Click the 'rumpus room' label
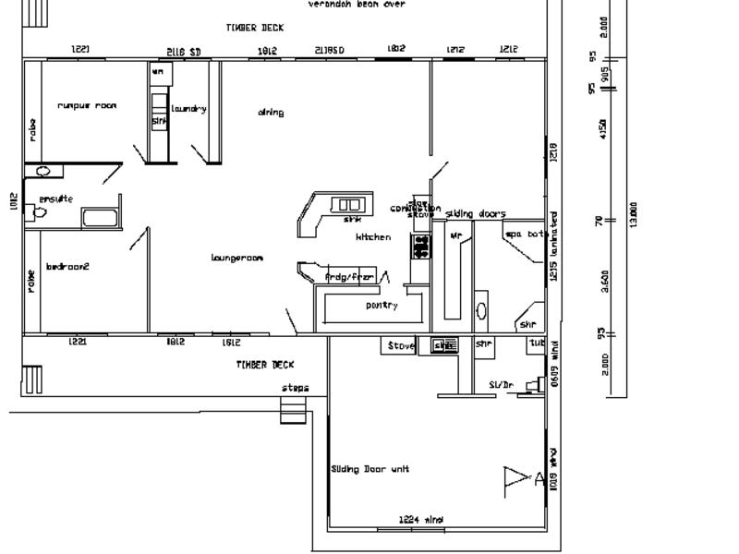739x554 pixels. pyautogui.click(x=87, y=105)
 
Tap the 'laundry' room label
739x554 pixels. pyautogui.click(x=188, y=109)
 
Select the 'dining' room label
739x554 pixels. pyautogui.click(x=271, y=113)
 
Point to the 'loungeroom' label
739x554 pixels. pyautogui.click(x=236, y=258)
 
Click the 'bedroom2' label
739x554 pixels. pyautogui.click(x=67, y=267)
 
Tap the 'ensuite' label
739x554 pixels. pyautogui.click(x=55, y=199)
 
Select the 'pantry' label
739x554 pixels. pyautogui.click(x=382, y=305)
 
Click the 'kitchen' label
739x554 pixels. pyautogui.click(x=373, y=237)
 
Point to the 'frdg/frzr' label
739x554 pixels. pyautogui.click(x=350, y=276)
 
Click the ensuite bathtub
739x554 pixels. pyautogui.click(x=101, y=219)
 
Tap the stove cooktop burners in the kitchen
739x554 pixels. pyautogui.click(x=421, y=246)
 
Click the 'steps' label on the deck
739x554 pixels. pyautogui.click(x=296, y=388)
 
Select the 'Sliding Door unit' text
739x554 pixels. pyautogui.click(x=369, y=469)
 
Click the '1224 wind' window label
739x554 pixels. pyautogui.click(x=421, y=520)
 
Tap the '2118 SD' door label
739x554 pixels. pyautogui.click(x=183, y=52)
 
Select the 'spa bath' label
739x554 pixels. pyautogui.click(x=525, y=235)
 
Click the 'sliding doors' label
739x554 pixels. pyautogui.click(x=476, y=214)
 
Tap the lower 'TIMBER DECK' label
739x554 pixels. pyautogui.click(x=265, y=365)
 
